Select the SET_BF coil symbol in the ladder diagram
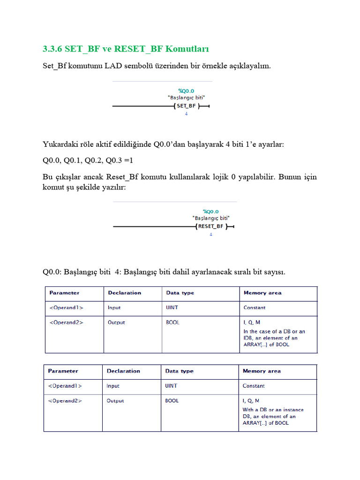pos(186,106)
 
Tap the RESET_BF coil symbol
pos(210,226)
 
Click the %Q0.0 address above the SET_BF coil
pos(186,90)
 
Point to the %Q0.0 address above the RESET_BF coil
pos(210,211)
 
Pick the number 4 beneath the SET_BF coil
pos(186,114)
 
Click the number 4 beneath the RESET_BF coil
pos(210,234)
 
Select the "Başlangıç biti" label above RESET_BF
pos(211,218)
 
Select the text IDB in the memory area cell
pos(249,338)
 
